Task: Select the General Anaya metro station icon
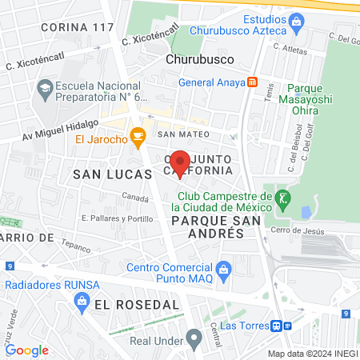click(252, 82)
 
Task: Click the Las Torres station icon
click(276, 326)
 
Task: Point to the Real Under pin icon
click(192, 336)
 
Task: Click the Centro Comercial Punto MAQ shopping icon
click(223, 267)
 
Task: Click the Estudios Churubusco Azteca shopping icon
click(297, 25)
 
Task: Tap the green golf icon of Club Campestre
click(282, 197)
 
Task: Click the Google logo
click(27, 350)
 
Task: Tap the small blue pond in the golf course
click(306, 213)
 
